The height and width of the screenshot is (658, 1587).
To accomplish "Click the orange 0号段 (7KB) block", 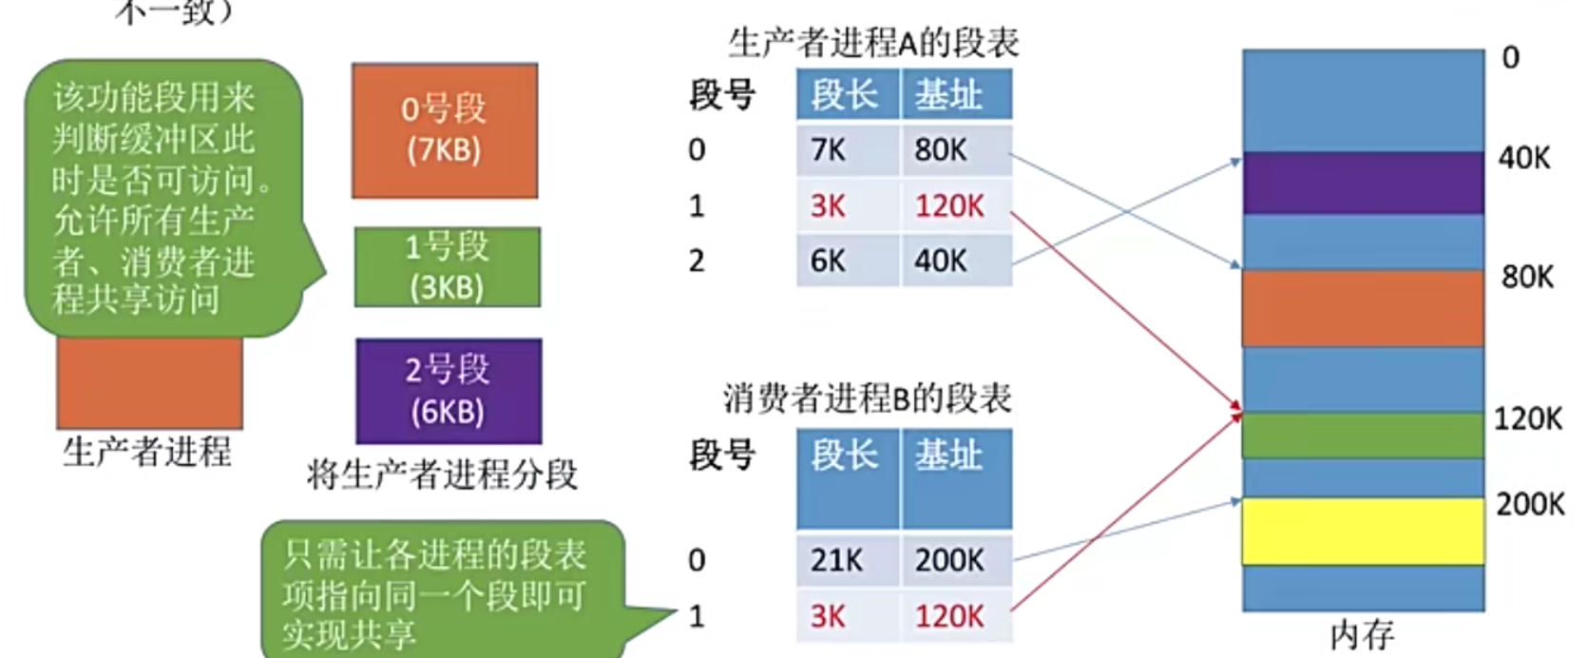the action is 445,130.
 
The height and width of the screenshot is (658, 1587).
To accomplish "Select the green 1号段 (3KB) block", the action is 447,267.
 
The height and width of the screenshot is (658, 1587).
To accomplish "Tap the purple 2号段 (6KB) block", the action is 449,391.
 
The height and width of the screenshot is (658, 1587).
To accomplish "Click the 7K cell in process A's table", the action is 846,150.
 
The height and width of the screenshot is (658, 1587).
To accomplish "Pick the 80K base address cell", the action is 954,150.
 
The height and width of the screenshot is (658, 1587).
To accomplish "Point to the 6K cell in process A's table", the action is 846,261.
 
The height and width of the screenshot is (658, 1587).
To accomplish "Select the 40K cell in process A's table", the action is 954,261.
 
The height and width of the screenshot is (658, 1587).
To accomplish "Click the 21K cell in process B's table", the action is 846,560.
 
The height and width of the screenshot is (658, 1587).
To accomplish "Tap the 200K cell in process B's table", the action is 954,560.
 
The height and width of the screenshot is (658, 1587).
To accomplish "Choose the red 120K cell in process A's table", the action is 954,205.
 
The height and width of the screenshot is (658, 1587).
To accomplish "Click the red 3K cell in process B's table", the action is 846,616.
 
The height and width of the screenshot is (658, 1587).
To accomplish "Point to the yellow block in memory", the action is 1363,531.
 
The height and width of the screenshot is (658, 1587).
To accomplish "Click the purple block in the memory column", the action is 1363,183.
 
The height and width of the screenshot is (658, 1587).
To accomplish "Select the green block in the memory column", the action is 1363,435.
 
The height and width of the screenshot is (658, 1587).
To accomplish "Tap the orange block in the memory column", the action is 1363,309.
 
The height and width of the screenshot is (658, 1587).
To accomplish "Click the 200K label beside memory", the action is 1529,504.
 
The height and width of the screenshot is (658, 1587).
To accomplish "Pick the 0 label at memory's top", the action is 1510,58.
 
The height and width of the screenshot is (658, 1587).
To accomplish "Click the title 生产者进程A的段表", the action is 872,43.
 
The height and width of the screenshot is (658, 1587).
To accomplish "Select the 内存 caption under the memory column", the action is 1362,634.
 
